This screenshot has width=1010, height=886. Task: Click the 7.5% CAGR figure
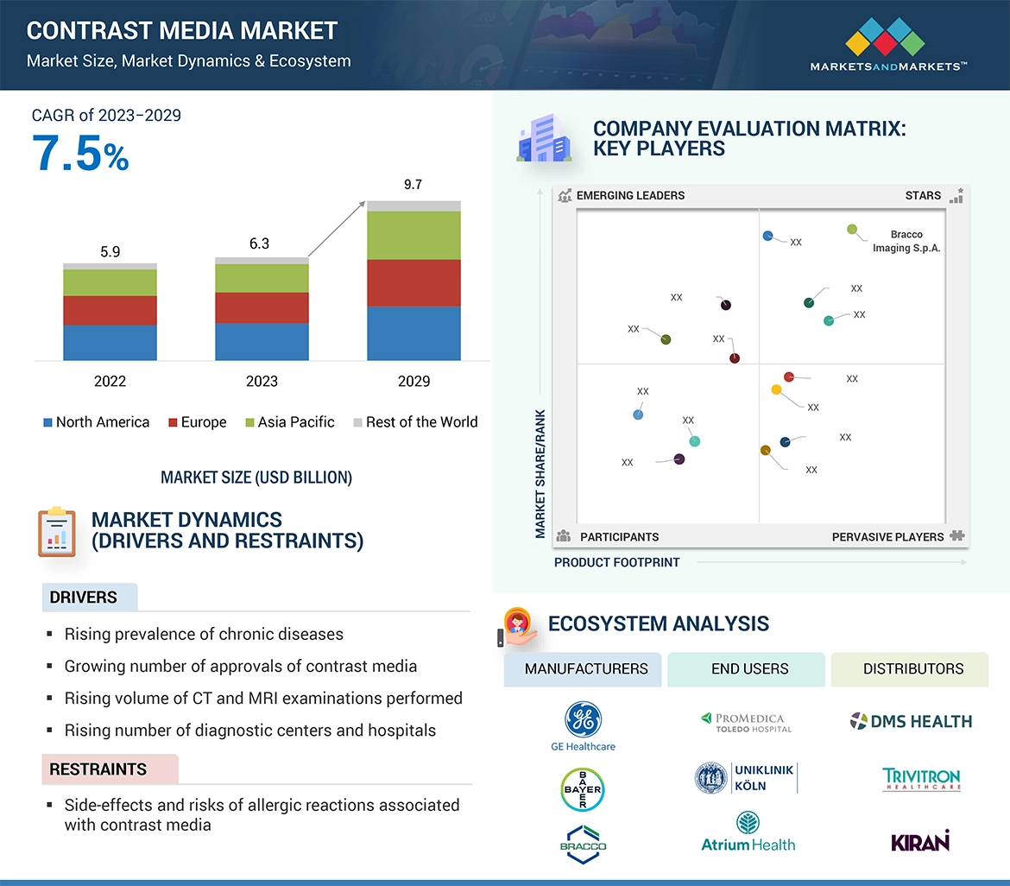point(80,154)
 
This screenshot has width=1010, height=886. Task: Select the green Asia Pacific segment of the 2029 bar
point(413,235)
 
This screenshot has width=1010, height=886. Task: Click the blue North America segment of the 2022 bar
point(110,342)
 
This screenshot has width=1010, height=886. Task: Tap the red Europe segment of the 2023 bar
point(262,307)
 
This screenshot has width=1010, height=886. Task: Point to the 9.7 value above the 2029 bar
point(413,185)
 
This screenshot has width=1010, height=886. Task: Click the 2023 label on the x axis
point(262,381)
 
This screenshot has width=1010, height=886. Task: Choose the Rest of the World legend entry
point(415,422)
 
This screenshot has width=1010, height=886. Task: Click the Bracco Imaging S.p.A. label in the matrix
point(906,241)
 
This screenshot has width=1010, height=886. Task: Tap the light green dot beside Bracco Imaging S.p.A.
point(852,230)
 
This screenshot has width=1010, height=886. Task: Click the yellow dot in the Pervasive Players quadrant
point(776,390)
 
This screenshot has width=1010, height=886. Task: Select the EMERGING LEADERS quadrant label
point(630,195)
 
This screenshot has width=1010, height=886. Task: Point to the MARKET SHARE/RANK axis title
point(540,473)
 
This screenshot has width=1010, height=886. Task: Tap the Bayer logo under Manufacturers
point(583,789)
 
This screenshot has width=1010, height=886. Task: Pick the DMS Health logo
point(911,721)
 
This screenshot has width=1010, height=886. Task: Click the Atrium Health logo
point(748,833)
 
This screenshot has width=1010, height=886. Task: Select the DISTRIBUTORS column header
point(912,669)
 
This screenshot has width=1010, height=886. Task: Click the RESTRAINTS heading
point(98,769)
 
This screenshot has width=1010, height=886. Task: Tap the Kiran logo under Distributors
point(919,840)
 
